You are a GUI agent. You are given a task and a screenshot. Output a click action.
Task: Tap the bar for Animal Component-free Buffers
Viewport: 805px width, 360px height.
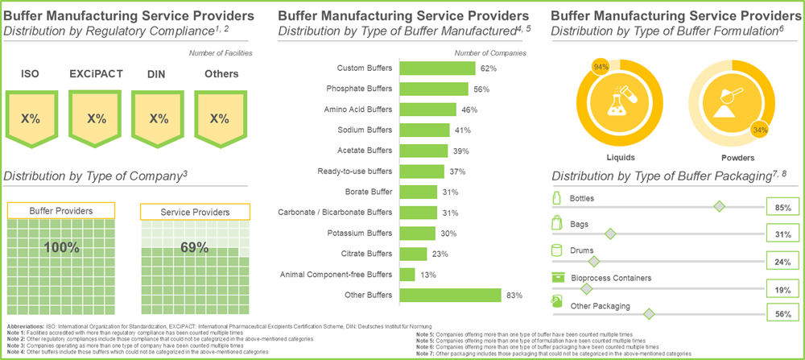(407, 275)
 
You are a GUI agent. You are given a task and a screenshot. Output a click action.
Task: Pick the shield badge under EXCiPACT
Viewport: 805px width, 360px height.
(97, 118)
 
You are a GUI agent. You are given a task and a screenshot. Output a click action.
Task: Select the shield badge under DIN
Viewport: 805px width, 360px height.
(159, 118)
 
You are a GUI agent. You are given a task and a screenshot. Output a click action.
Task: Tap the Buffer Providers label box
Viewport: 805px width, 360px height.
(61, 211)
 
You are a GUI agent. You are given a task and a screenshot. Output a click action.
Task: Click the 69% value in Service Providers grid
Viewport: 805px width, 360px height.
(194, 247)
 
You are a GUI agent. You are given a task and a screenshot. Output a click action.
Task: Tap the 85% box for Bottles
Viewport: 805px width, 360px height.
(782, 207)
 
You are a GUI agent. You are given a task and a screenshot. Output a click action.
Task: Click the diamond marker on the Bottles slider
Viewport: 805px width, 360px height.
(720, 207)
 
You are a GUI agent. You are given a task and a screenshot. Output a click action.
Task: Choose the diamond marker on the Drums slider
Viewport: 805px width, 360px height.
(594, 261)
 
